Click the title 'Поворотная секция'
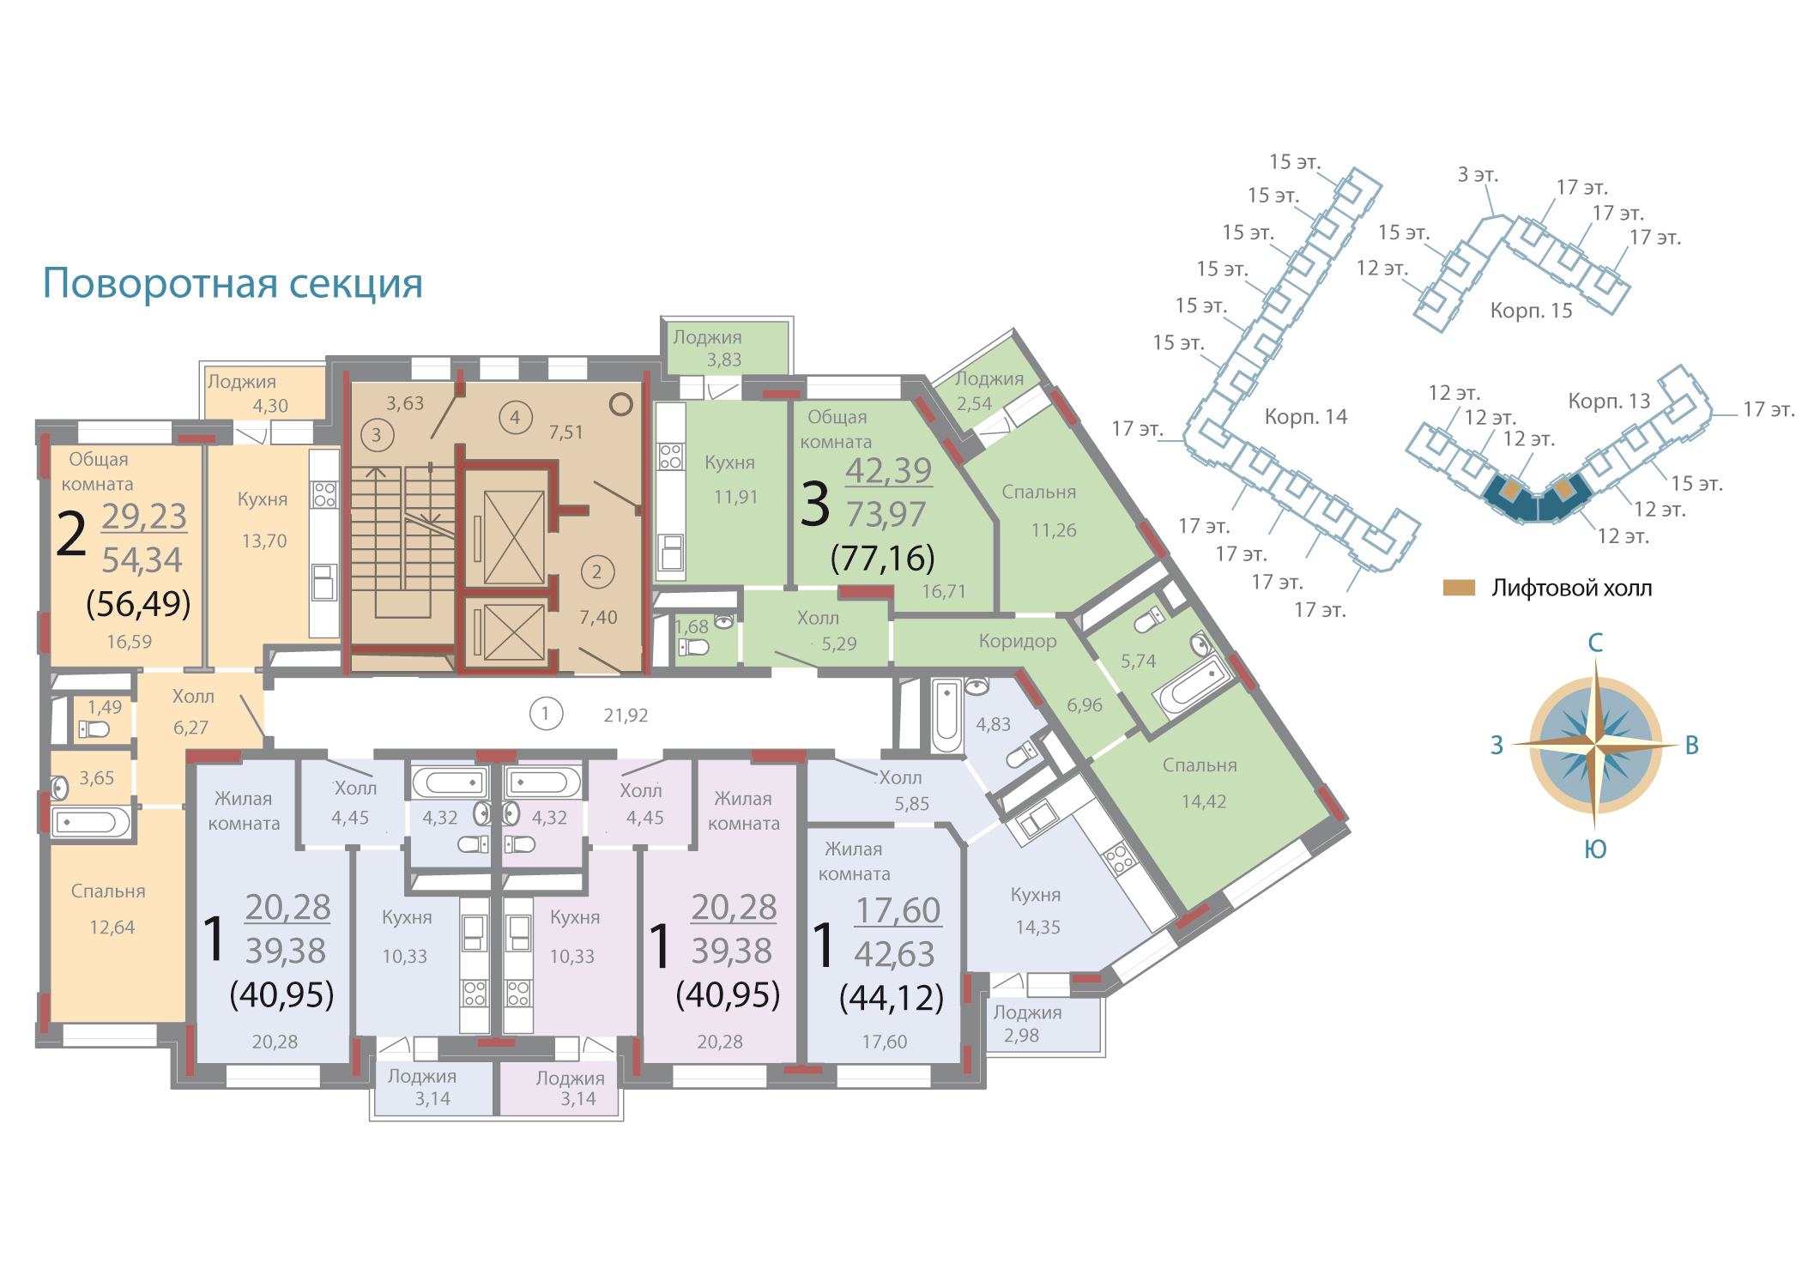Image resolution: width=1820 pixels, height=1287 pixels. click(233, 283)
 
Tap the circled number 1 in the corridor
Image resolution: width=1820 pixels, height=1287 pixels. click(546, 714)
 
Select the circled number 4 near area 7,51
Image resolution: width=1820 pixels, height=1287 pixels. click(516, 418)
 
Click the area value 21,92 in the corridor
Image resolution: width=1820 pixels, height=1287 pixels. click(626, 716)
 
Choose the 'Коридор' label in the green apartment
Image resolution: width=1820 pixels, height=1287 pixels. click(1018, 642)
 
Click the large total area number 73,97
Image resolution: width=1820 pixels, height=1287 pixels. click(886, 515)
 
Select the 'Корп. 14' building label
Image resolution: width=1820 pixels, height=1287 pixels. click(1306, 418)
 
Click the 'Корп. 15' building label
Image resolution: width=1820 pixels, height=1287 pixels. click(1532, 311)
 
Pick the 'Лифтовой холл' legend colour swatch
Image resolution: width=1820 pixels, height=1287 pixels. click(1459, 588)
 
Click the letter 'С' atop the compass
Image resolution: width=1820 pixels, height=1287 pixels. click(1595, 643)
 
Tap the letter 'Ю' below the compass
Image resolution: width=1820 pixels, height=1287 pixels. click(1595, 849)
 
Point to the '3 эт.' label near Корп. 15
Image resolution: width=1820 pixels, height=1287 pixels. click(1478, 175)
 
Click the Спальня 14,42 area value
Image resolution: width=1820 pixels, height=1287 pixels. click(1204, 802)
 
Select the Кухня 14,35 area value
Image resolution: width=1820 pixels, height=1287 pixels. click(1038, 927)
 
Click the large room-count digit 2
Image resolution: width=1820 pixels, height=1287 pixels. click(71, 534)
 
